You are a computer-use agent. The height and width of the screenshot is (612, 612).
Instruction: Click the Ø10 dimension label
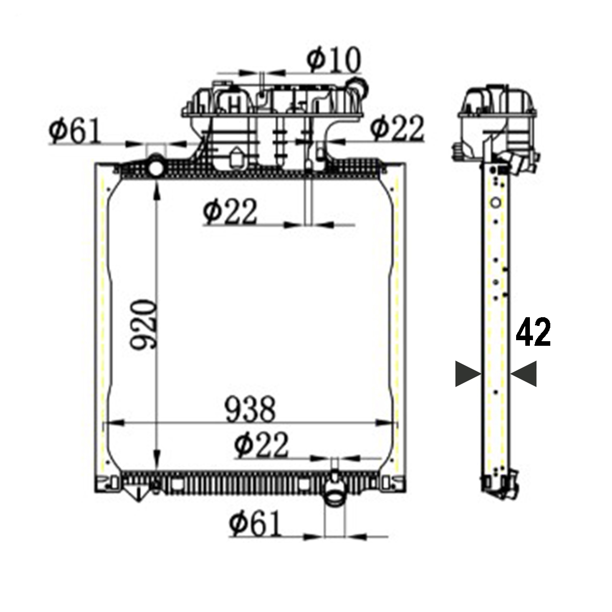click(x=334, y=60)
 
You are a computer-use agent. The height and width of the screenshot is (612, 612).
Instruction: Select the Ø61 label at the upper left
click(x=74, y=132)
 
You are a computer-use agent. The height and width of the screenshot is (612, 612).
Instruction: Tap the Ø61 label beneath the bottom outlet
click(x=255, y=525)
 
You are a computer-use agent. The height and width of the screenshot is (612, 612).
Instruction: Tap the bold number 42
click(x=533, y=333)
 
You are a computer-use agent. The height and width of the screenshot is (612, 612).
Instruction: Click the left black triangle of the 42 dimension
click(x=468, y=374)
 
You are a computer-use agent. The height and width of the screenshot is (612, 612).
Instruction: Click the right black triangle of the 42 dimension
click(x=524, y=374)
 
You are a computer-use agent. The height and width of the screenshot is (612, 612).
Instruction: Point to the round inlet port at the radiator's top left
click(x=156, y=168)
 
